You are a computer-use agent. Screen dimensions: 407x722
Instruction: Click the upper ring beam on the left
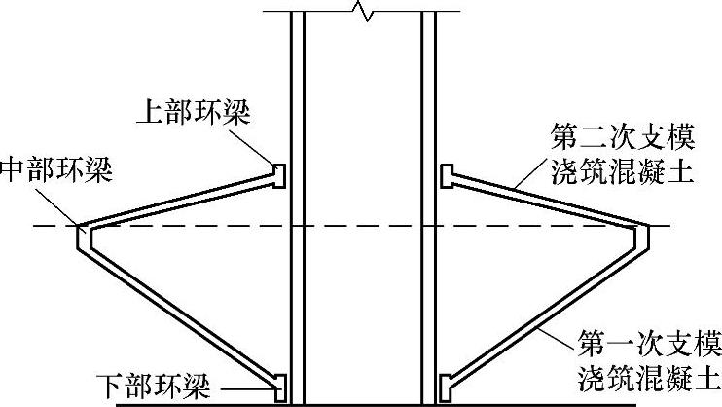click(x=279, y=175)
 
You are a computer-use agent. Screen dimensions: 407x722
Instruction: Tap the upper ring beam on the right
click(x=446, y=175)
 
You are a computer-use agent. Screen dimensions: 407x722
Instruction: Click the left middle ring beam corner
click(x=82, y=234)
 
